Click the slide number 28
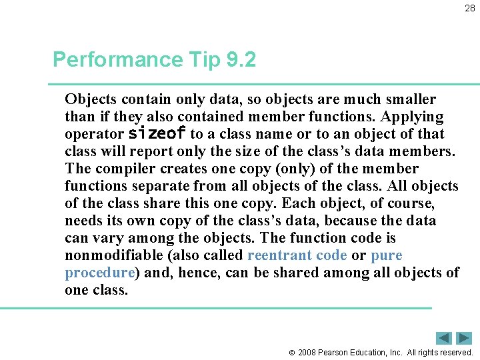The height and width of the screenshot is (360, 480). click(x=469, y=8)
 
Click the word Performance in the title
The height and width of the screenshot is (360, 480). click(x=116, y=60)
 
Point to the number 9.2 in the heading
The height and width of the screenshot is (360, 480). click(x=241, y=60)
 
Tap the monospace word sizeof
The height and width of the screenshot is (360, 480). click(x=157, y=133)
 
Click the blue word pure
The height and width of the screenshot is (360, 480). click(x=387, y=255)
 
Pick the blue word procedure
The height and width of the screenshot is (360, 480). click(x=100, y=273)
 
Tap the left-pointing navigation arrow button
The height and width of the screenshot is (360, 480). click(x=445, y=338)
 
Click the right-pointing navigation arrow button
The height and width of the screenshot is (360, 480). click(x=464, y=338)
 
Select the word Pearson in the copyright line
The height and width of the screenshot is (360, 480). click(x=333, y=352)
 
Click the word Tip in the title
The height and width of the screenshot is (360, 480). click(x=203, y=60)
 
